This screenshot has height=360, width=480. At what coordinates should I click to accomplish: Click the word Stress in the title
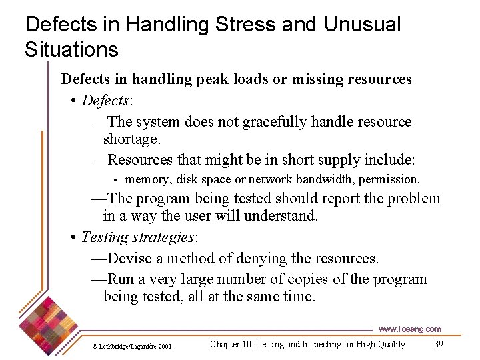click(246, 25)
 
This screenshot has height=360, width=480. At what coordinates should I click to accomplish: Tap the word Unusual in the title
click(363, 25)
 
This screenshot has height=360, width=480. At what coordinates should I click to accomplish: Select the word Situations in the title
click(71, 49)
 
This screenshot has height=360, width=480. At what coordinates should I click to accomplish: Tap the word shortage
click(132, 139)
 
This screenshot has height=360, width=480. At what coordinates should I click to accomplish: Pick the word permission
click(389, 179)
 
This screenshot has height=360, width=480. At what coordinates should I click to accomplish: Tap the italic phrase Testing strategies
click(140, 237)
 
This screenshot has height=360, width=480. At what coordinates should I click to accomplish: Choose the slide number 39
click(438, 344)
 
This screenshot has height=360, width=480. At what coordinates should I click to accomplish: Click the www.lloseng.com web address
click(409, 329)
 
